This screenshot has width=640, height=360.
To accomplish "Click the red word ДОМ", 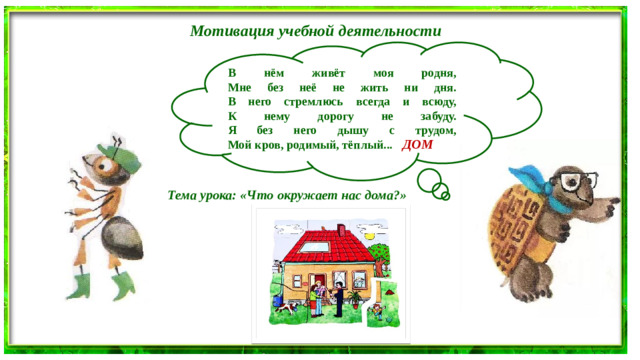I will click(x=417, y=145).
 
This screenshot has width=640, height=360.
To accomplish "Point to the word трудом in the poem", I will click(x=434, y=131).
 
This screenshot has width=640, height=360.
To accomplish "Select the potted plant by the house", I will click(x=376, y=312).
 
